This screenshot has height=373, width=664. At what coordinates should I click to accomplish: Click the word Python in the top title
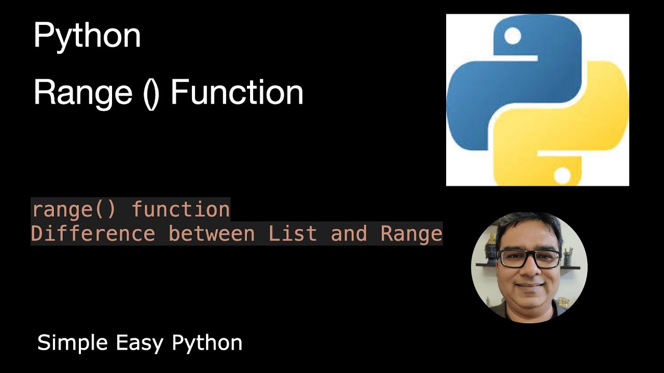click(87, 37)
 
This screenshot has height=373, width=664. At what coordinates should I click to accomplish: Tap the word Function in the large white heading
click(237, 93)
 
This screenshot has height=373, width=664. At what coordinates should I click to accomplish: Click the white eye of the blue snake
click(513, 36)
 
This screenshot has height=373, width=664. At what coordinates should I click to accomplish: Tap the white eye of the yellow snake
click(562, 175)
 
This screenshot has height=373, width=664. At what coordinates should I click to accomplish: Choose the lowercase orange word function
click(180, 210)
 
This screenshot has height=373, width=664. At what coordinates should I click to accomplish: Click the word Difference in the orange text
click(93, 234)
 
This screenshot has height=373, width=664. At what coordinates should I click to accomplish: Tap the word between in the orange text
click(212, 234)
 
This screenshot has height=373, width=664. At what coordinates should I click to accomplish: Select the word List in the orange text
click(293, 234)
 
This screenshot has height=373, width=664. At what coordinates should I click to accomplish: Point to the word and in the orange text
click(349, 234)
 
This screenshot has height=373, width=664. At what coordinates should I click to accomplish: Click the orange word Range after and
click(411, 234)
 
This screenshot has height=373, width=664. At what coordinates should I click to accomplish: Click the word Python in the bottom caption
click(207, 343)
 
